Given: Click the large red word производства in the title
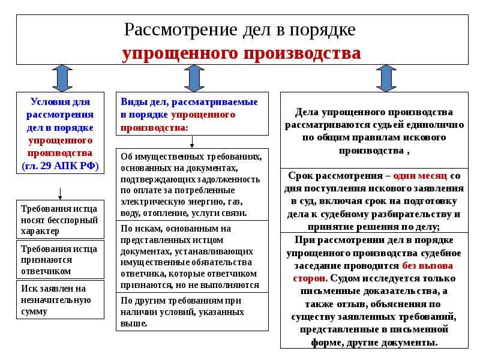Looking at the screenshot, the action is tap(302, 53).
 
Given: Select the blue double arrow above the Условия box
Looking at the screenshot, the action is tap(62, 79).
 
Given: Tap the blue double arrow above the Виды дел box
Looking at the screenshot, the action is tap(194, 79).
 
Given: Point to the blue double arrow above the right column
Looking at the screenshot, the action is tap(386, 79).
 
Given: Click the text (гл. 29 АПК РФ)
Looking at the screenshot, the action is tap(61, 166).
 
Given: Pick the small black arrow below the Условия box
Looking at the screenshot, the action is tap(60, 194).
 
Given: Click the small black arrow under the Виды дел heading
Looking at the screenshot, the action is tap(192, 142).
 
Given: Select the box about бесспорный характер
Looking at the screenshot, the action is tap(61, 219).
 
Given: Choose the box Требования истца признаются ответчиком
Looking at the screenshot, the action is tap(61, 260).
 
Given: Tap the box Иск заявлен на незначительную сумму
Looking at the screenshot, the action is tap(61, 299).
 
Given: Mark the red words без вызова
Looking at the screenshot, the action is tap(427, 265).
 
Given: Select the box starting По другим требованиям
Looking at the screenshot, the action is tap(192, 311).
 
